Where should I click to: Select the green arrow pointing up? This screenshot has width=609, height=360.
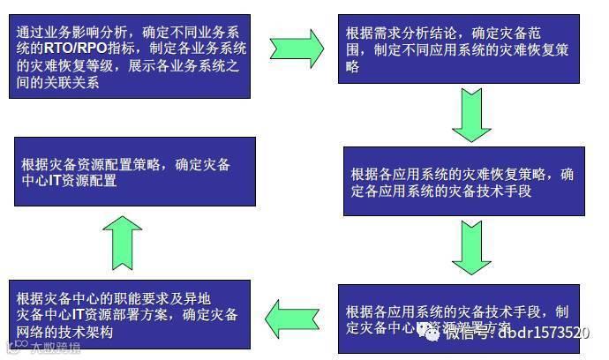coord(122,242)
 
